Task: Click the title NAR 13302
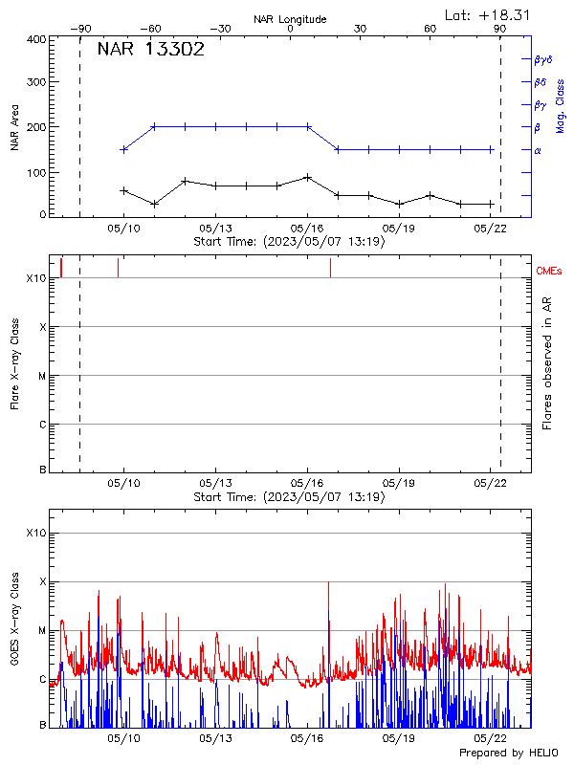[150, 51]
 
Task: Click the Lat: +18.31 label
[488, 14]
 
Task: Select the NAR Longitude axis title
[290, 19]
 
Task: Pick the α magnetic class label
[538, 150]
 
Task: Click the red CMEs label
[550, 272]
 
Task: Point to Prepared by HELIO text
[507, 754]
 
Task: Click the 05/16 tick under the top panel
[307, 229]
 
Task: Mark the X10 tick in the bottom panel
[36, 533]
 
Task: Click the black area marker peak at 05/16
[307, 177]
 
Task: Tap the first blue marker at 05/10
[123, 149]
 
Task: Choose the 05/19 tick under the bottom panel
[399, 738]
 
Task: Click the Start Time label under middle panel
[289, 497]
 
